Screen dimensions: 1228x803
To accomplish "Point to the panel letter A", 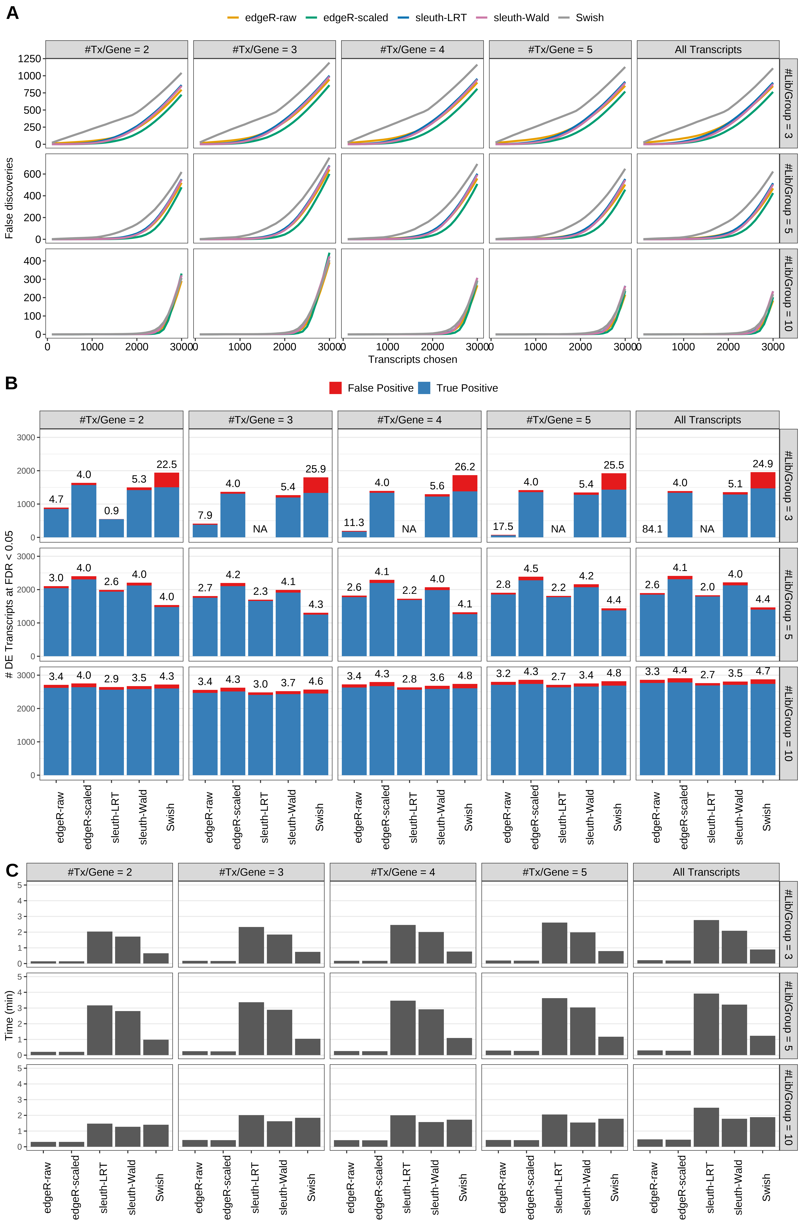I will click(x=12, y=12).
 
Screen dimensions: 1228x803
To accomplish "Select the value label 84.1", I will click(x=652, y=529).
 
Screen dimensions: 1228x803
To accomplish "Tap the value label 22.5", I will click(x=167, y=464).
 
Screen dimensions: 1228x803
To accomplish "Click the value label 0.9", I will click(x=111, y=511).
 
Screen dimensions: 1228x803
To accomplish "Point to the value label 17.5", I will click(x=503, y=526).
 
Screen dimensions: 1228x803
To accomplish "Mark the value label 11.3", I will click(x=354, y=523).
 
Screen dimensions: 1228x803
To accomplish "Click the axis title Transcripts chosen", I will click(x=412, y=360).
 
